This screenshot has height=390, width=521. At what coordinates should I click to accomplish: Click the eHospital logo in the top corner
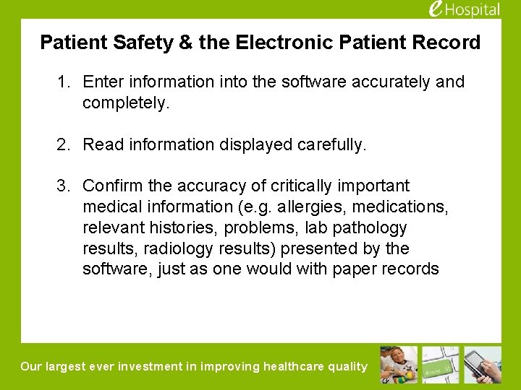pyautogui.click(x=464, y=9)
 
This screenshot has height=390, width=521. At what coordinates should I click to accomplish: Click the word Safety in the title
pyautogui.click(x=142, y=43)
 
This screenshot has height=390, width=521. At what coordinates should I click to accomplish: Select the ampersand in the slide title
pyautogui.click(x=186, y=43)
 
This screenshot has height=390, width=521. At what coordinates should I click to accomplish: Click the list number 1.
pyautogui.click(x=64, y=82)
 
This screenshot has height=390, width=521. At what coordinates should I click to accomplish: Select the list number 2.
pyautogui.click(x=64, y=145)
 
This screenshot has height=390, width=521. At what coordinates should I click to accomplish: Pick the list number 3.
pyautogui.click(x=64, y=186)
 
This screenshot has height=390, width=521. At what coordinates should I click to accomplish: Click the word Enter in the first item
pyautogui.click(x=103, y=82)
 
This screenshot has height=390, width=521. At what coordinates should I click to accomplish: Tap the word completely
pyautogui.click(x=125, y=103)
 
